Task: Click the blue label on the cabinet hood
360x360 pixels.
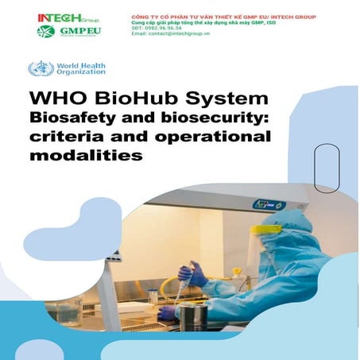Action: pos(269,204)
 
